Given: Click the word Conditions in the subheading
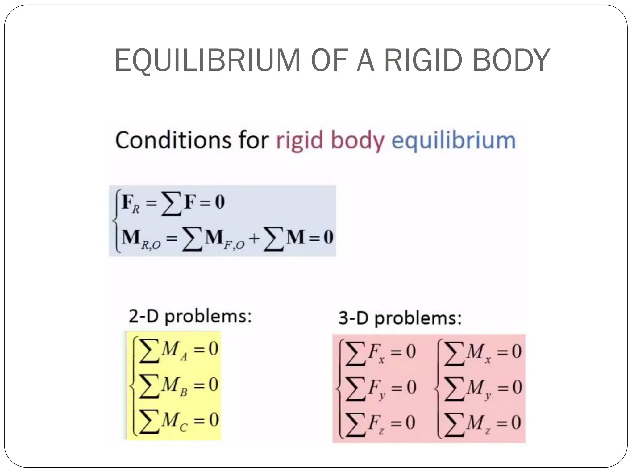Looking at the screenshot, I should coord(173,140).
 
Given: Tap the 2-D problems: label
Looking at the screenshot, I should coord(190,316).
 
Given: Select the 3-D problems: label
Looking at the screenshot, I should coord(400,318).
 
